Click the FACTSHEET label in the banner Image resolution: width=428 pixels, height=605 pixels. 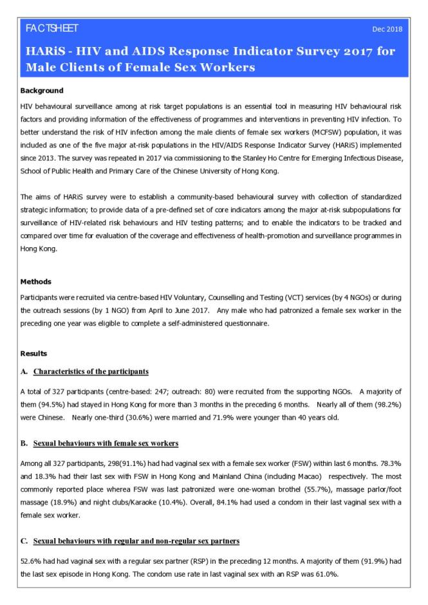pos(51,29)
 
